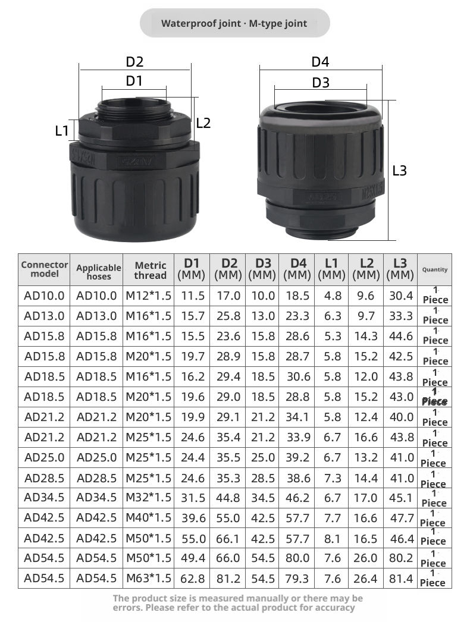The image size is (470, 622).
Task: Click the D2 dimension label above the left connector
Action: (x=134, y=62)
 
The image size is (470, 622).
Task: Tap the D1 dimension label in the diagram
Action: (x=134, y=81)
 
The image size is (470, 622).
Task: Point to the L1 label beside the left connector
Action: (x=62, y=130)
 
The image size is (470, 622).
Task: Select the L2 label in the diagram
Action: (x=203, y=123)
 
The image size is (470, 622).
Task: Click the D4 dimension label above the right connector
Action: (x=320, y=62)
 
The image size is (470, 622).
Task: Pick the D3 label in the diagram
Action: (x=321, y=83)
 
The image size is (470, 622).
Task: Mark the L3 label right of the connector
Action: (x=399, y=171)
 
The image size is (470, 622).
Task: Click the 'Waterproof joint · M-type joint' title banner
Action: (x=234, y=23)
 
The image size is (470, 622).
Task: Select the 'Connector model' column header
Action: (x=45, y=269)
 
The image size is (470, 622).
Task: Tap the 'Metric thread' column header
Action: (x=150, y=271)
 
